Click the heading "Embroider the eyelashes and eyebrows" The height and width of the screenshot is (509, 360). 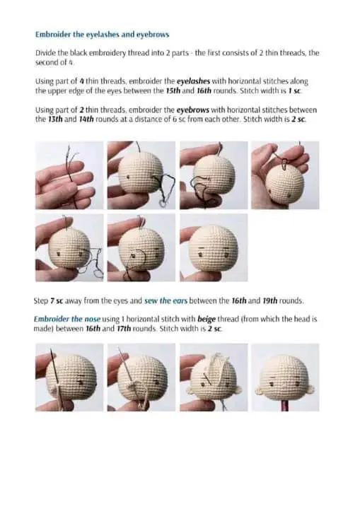click(102, 34)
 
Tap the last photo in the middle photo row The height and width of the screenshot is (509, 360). click(211, 247)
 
